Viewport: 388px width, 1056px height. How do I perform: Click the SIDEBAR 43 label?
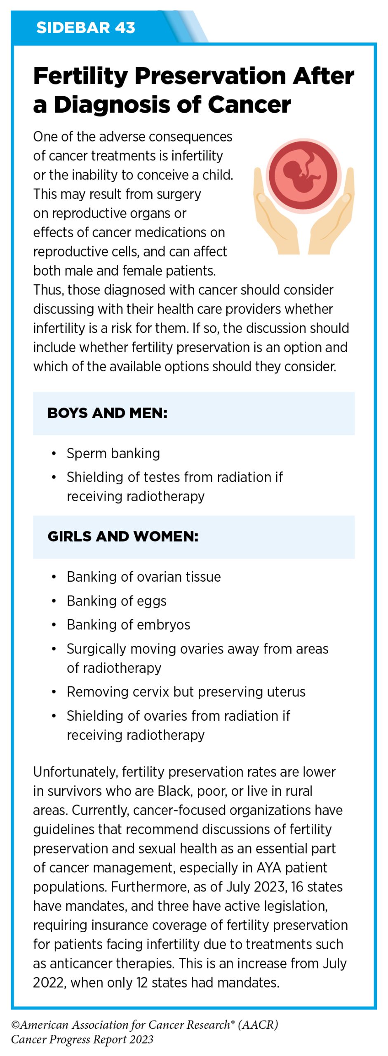(x=85, y=28)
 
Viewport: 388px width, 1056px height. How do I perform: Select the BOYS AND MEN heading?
(x=107, y=413)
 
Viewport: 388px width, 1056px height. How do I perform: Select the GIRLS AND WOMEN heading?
(x=123, y=536)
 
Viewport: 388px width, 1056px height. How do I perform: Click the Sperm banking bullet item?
(x=113, y=453)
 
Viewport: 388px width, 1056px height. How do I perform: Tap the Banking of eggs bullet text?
(x=117, y=601)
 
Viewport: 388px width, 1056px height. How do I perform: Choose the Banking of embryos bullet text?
(x=128, y=625)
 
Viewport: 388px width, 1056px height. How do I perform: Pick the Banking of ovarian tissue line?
(x=143, y=577)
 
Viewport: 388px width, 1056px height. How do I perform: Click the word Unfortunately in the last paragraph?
(x=75, y=772)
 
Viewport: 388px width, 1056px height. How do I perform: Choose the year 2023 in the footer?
(x=141, y=1039)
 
